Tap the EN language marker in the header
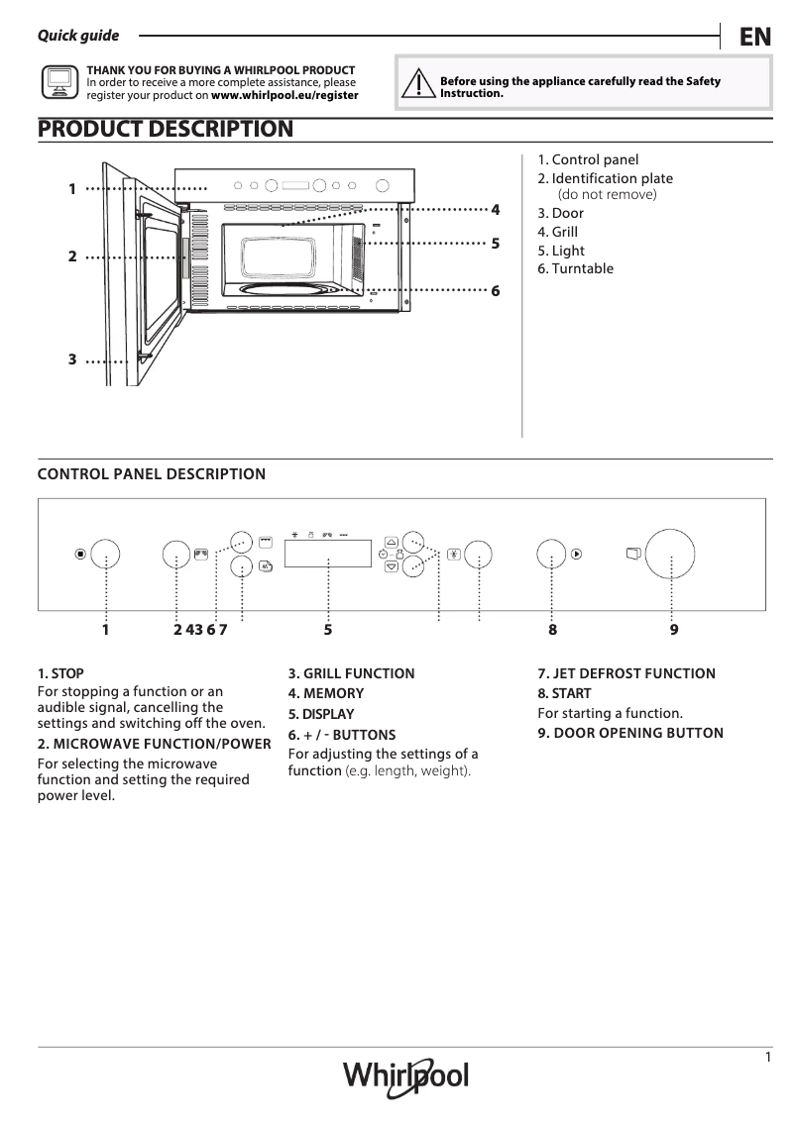click(754, 38)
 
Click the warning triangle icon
click(420, 86)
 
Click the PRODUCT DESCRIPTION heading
click(165, 130)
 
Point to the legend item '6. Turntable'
click(575, 269)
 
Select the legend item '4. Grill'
click(558, 233)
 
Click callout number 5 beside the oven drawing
click(495, 243)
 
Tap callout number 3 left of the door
click(72, 360)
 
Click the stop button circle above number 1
click(105, 555)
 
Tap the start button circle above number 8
click(552, 555)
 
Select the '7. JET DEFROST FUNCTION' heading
click(625, 673)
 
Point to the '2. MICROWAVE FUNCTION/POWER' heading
click(154, 744)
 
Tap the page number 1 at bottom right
click(768, 1058)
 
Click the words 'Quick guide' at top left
click(78, 36)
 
